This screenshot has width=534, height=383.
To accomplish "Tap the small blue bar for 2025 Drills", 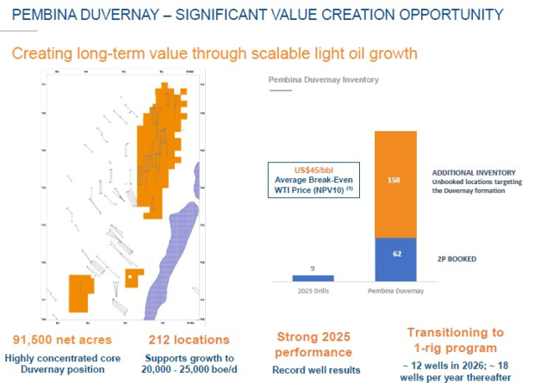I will pos(313,278).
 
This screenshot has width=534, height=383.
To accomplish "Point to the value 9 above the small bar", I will pos(313,268).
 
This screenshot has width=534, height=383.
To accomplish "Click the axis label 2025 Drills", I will pos(313,291).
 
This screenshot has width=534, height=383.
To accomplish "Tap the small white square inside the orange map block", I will pos(129,277).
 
